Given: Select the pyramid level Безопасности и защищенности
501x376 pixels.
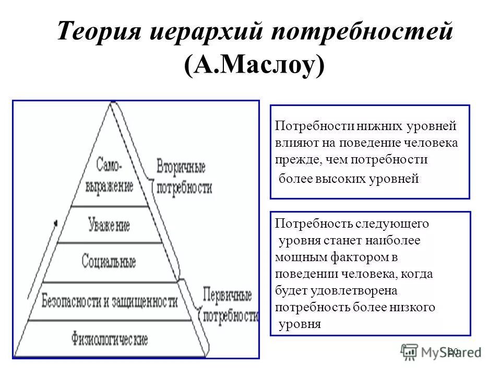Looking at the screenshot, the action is pyautogui.click(x=110, y=301).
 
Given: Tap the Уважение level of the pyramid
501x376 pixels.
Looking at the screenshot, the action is pyautogui.click(x=110, y=225).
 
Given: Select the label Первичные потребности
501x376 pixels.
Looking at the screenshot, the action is pyautogui.click(x=228, y=305).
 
